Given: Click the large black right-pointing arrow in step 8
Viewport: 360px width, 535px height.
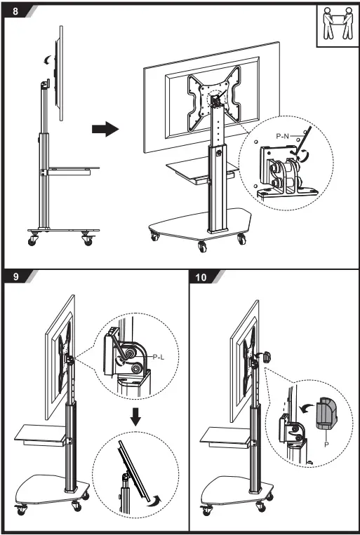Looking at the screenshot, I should point(105,129).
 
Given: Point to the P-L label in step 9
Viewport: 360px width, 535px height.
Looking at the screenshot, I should point(158,357).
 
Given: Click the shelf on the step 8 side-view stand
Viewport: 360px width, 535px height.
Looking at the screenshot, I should point(74,168).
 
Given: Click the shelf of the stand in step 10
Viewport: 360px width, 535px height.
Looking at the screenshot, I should point(223,435).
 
